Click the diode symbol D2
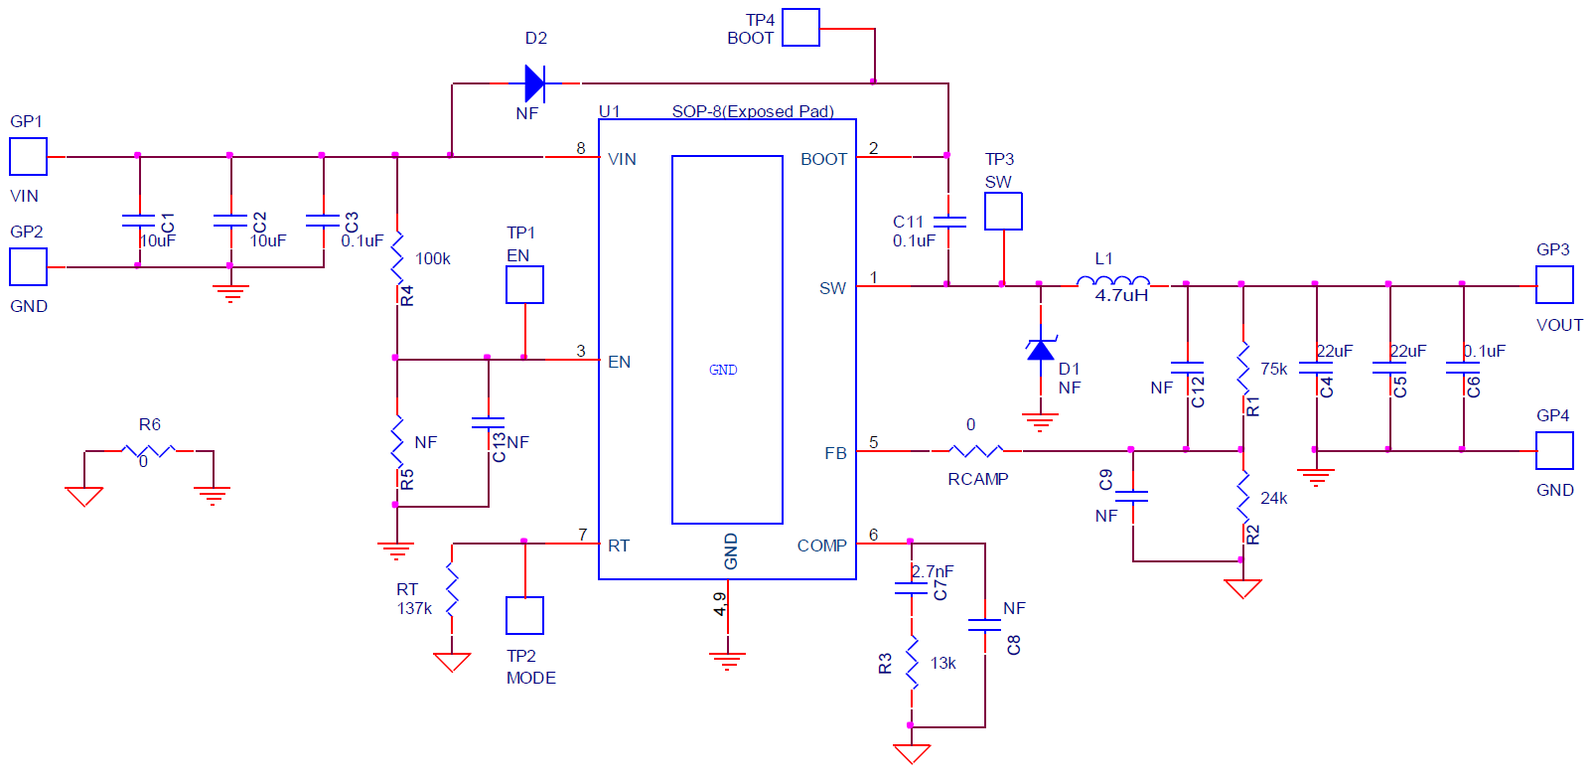coord(534,83)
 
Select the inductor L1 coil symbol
coord(1113,283)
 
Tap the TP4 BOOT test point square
coord(800,28)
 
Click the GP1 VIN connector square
coord(28,156)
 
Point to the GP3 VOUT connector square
coord(1554,285)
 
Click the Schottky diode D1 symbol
coord(1040,349)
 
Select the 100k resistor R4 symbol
coord(397,258)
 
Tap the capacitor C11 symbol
coord(949,222)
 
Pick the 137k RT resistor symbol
coord(452,590)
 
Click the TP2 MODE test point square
coord(524,615)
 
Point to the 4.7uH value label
coord(1121,295)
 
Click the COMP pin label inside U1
coord(821,546)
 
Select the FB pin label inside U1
coord(835,453)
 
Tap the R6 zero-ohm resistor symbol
coord(149,451)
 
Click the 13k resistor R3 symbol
coord(912,663)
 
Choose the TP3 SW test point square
coord(1003,212)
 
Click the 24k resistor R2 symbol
coord(1242,496)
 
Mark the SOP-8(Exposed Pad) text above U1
coord(752,111)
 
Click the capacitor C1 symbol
coord(139,221)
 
